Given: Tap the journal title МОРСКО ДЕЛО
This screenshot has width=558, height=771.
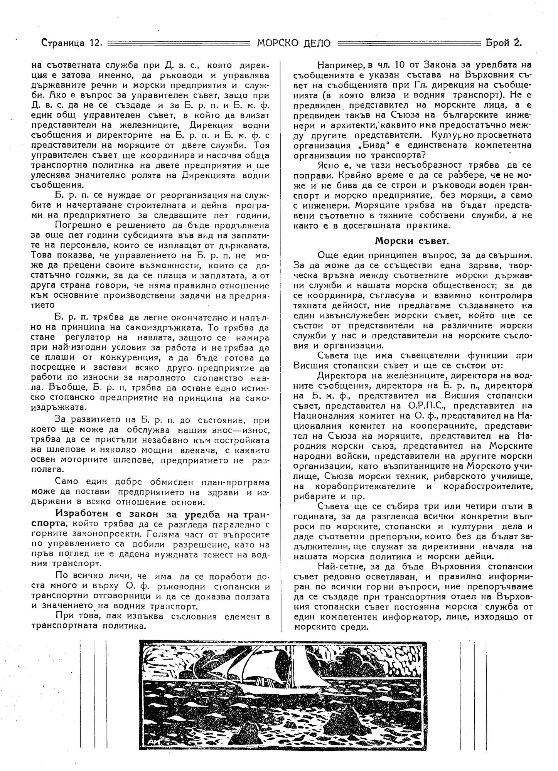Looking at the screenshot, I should pyautogui.click(x=294, y=43).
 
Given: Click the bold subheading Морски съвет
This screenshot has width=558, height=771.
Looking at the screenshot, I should pyautogui.click(x=411, y=241).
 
